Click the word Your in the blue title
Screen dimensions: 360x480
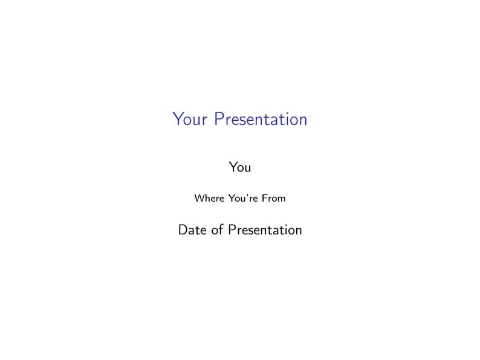[190, 119]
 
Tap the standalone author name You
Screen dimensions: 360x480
[240, 167]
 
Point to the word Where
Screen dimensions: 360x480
[209, 198]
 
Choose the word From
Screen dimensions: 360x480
[274, 198]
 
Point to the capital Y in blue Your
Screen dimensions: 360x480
[178, 118]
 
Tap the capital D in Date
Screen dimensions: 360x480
[183, 230]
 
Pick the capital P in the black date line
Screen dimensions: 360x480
[232, 230]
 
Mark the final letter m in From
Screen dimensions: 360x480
[281, 199]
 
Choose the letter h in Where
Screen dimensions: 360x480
[207, 198]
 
